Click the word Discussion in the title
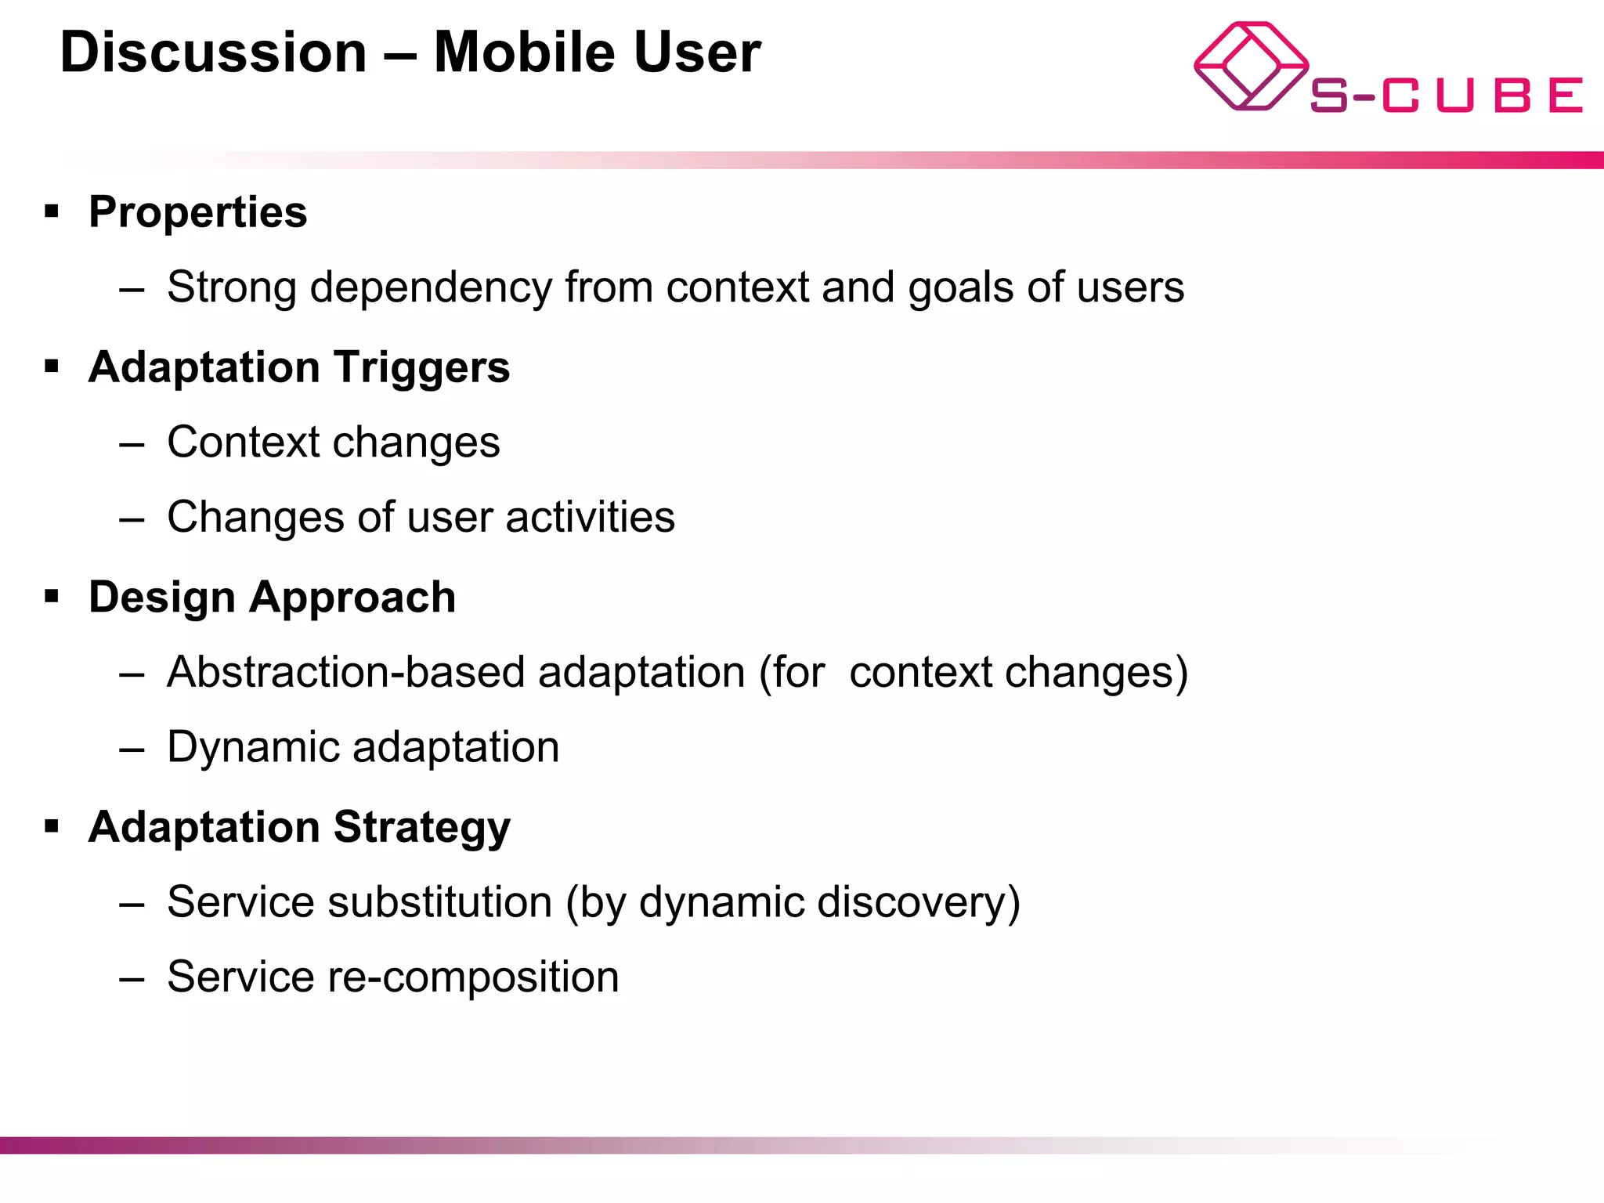(213, 52)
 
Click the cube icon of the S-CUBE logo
(1250, 67)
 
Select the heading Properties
(197, 212)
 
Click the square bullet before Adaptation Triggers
(52, 367)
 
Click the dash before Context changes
(132, 443)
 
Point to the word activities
(590, 518)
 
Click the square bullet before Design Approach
(52, 597)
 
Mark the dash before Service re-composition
(132, 979)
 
